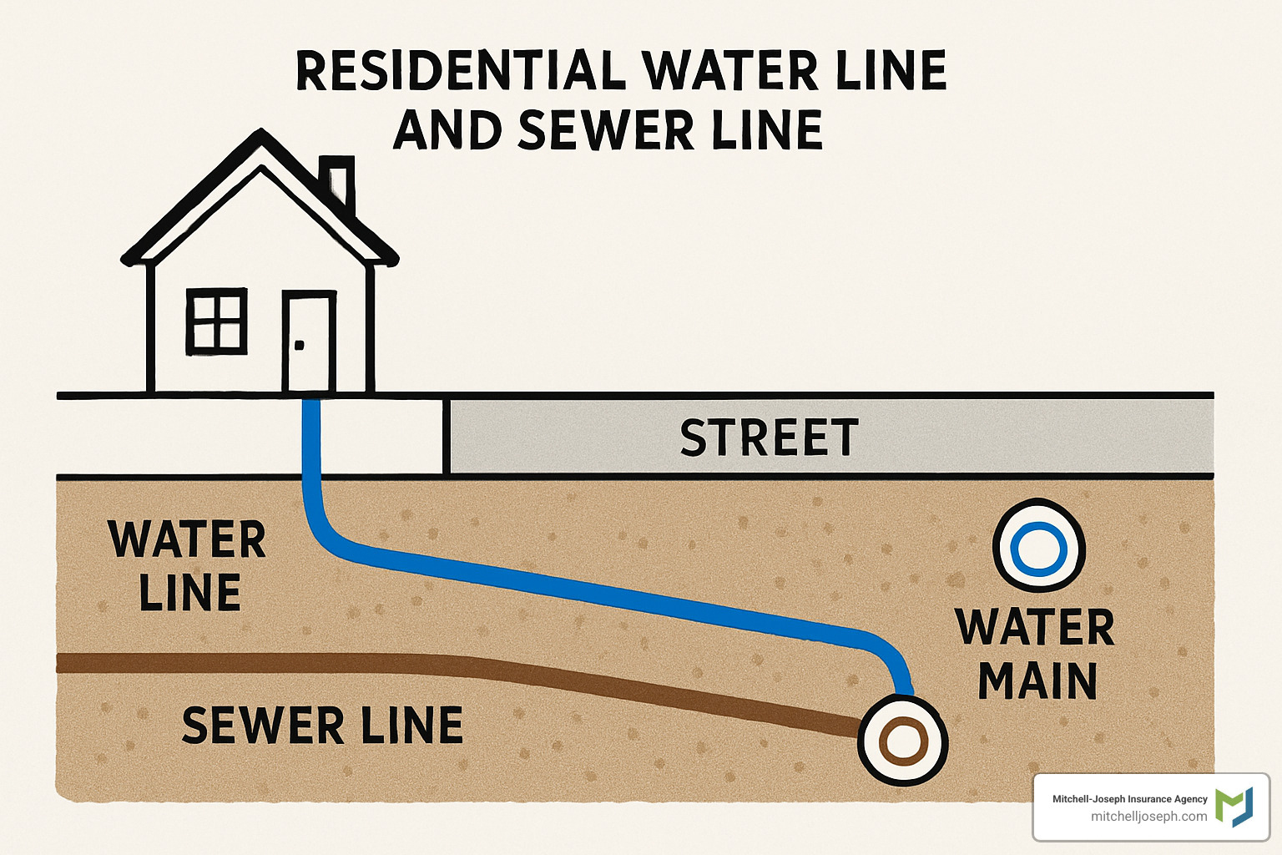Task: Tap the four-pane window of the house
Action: [x=217, y=321]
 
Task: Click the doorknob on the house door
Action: [x=300, y=345]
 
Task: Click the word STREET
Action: [x=769, y=438]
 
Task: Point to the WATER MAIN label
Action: [x=1036, y=654]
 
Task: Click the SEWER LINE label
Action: [x=322, y=725]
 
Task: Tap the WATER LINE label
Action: [x=188, y=565]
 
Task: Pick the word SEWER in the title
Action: [x=606, y=130]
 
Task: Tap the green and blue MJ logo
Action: [x=1234, y=807]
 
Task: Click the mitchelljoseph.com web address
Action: [x=1148, y=817]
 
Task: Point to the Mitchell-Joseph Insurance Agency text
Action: [x=1129, y=799]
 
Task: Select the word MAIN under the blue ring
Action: [x=1037, y=681]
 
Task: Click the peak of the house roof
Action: [x=263, y=135]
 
